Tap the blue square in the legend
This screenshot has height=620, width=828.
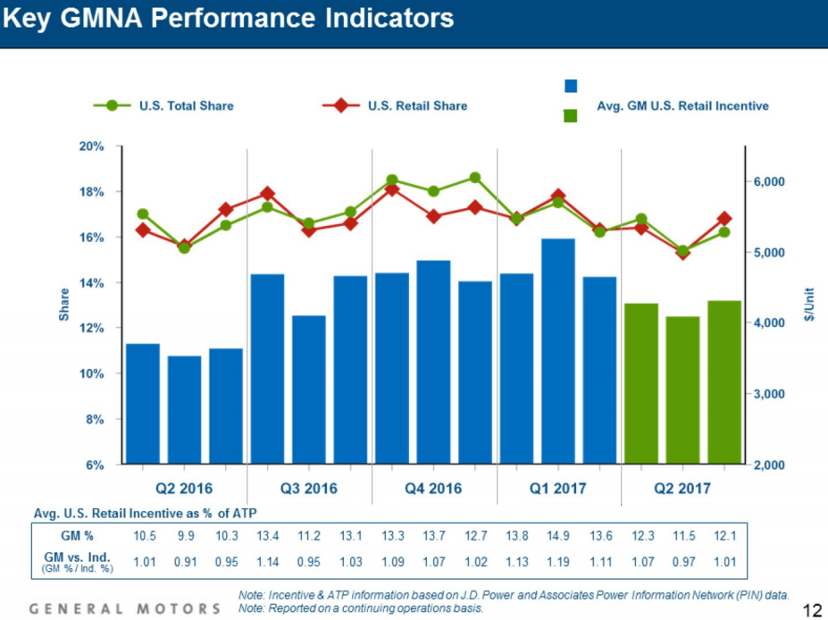pyautogui.click(x=572, y=86)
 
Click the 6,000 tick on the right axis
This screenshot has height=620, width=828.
pyautogui.click(x=769, y=181)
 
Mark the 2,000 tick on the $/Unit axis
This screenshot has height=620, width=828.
pyautogui.click(x=769, y=465)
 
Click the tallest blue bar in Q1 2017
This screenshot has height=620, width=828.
pyautogui.click(x=558, y=351)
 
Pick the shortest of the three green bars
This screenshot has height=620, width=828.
pyautogui.click(x=682, y=390)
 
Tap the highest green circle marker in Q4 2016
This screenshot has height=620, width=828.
pyautogui.click(x=474, y=178)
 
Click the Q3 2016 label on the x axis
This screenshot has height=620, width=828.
pyautogui.click(x=308, y=489)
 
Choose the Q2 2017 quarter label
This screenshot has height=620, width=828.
pyautogui.click(x=682, y=489)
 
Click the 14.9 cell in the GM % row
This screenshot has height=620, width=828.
pyautogui.click(x=558, y=535)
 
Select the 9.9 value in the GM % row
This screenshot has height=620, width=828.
pyautogui.click(x=184, y=535)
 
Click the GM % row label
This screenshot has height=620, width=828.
pyautogui.click(x=77, y=535)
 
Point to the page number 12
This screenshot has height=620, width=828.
pyautogui.click(x=812, y=610)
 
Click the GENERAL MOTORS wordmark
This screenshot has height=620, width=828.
pyautogui.click(x=125, y=608)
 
